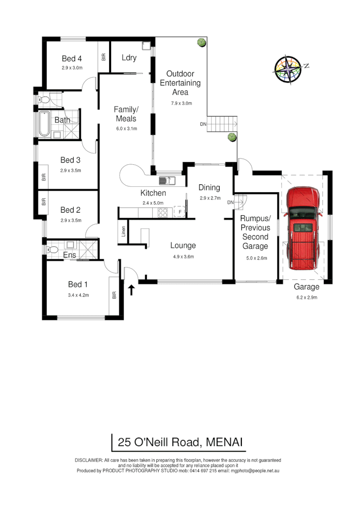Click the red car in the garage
click(x=303, y=229)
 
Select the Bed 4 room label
click(x=72, y=59)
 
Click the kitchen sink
click(x=167, y=181)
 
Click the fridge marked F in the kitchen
click(x=180, y=212)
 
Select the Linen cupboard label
click(x=124, y=231)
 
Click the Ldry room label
click(x=129, y=58)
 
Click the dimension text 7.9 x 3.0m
click(x=181, y=103)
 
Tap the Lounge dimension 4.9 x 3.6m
click(x=183, y=256)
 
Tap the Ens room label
click(x=69, y=255)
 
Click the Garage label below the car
click(x=306, y=287)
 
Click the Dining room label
click(x=209, y=188)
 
